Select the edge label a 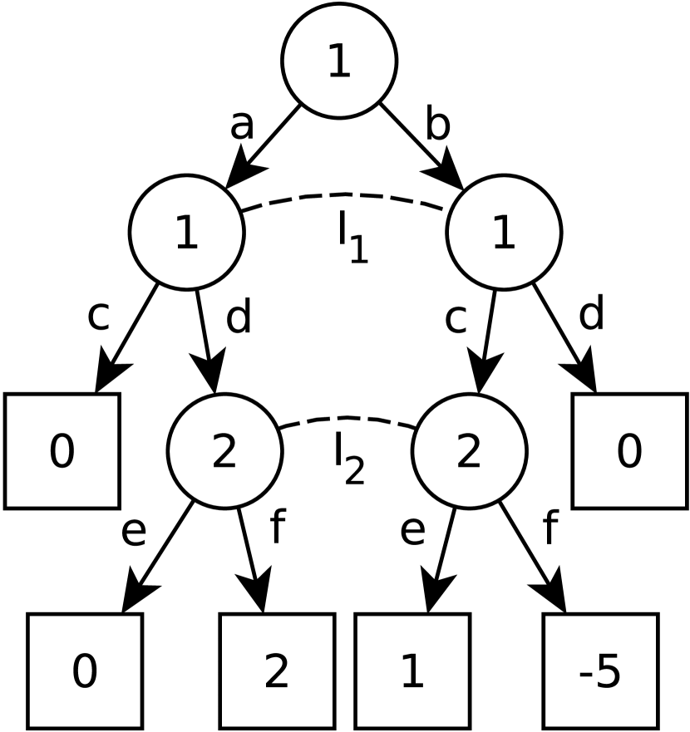(x=241, y=127)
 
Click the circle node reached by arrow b (x=504, y=232)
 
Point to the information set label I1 (x=349, y=242)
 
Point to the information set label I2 (x=348, y=464)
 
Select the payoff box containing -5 (x=601, y=671)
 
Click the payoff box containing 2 (x=277, y=671)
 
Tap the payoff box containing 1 (x=412, y=671)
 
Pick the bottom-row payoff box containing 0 (x=84, y=671)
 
